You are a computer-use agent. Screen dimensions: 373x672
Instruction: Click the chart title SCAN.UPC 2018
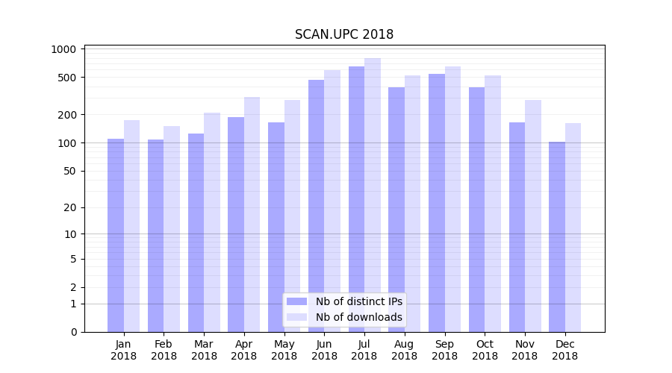click(343, 34)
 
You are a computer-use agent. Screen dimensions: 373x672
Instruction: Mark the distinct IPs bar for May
click(276, 227)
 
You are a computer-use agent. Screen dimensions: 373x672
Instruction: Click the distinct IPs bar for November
click(517, 227)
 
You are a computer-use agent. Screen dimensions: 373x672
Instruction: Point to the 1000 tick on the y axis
click(64, 49)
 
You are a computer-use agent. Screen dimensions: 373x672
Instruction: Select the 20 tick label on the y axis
click(69, 207)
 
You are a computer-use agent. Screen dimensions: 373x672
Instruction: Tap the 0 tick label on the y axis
click(73, 332)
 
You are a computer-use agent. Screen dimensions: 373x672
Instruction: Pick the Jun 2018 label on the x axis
click(324, 350)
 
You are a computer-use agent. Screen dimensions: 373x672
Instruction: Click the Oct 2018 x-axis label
click(485, 350)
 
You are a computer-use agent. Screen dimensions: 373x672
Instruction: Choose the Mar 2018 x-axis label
click(204, 350)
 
